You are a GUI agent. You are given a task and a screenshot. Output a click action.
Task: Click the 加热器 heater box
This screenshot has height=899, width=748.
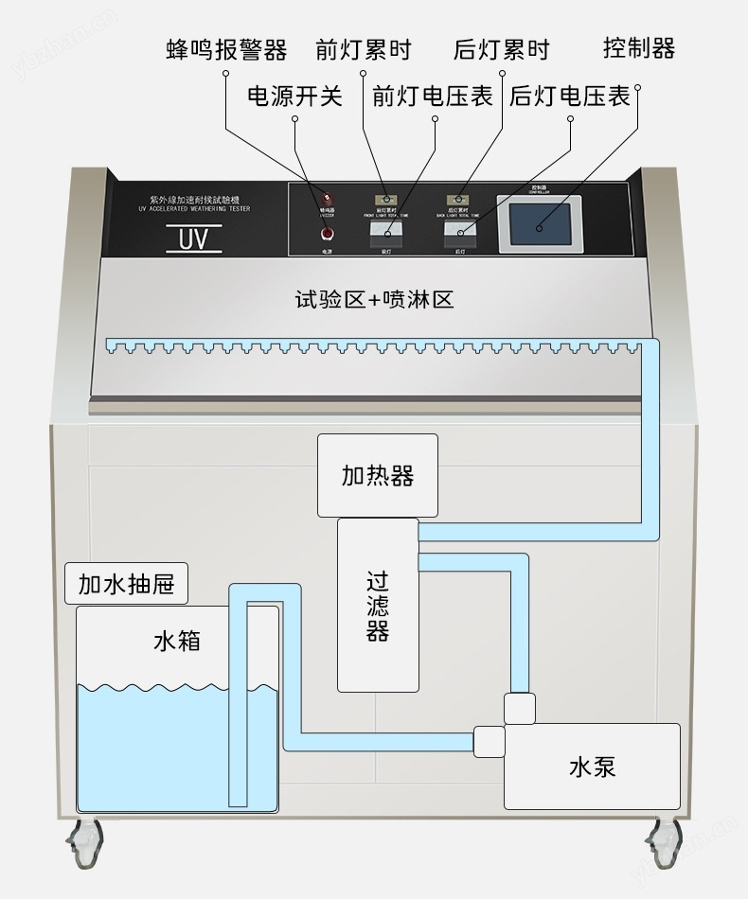[377, 475]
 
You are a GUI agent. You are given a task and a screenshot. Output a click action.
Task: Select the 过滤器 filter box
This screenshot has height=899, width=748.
[378, 605]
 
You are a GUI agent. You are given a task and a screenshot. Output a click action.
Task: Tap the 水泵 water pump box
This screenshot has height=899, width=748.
[592, 766]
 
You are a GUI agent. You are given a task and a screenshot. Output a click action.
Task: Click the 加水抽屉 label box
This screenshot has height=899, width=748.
[126, 584]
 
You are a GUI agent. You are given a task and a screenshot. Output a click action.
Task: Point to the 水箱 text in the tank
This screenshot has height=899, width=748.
[177, 642]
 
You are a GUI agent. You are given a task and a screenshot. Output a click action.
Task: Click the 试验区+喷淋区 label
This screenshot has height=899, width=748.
[374, 301]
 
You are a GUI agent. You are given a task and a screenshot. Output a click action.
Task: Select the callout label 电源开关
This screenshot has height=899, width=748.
[294, 97]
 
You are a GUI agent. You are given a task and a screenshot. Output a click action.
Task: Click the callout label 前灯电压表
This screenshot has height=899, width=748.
[433, 97]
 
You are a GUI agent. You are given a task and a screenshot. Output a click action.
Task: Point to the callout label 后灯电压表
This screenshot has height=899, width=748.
[570, 97]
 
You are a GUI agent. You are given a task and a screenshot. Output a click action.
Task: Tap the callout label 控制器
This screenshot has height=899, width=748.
[639, 47]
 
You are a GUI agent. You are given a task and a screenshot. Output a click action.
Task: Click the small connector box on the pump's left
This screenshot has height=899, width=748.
[489, 741]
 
